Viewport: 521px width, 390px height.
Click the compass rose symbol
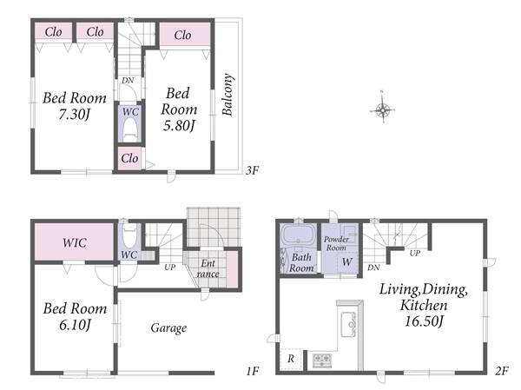pyautogui.click(x=382, y=109)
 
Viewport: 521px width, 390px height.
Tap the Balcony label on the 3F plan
pyautogui.click(x=228, y=95)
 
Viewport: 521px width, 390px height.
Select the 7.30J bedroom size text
pyautogui.click(x=74, y=115)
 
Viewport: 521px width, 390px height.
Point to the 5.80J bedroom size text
pyautogui.click(x=179, y=126)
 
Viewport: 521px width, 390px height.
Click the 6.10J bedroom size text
pyautogui.click(x=75, y=325)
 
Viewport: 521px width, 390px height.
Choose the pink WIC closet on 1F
pyautogui.click(x=74, y=241)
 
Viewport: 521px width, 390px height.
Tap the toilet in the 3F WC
pyautogui.click(x=130, y=130)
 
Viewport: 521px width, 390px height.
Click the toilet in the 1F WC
pyautogui.click(x=129, y=235)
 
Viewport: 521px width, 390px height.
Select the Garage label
pyautogui.click(x=168, y=328)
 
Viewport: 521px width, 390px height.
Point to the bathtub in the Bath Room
pyautogui.click(x=299, y=235)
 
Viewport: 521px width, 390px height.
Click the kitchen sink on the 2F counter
pyautogui.click(x=348, y=324)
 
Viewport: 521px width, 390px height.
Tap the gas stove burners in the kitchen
pyautogui.click(x=322, y=360)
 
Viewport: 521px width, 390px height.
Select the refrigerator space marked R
pyautogui.click(x=291, y=359)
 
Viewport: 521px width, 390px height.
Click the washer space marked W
pyautogui.click(x=347, y=262)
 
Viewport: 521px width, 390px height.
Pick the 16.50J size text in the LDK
pyautogui.click(x=424, y=321)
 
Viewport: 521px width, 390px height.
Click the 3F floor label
pyautogui.click(x=252, y=170)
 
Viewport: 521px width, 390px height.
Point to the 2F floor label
pyautogui.click(x=501, y=371)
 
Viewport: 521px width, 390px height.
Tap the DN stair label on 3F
pyautogui.click(x=128, y=81)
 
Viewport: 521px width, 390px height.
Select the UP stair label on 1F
pyautogui.click(x=170, y=267)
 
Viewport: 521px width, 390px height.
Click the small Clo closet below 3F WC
pyautogui.click(x=129, y=158)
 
